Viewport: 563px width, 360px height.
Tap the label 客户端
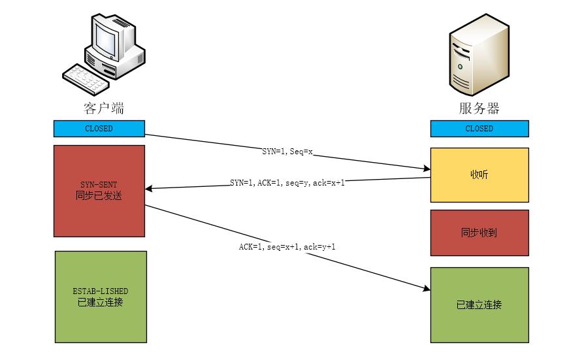click(99, 108)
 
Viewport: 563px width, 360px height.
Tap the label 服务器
click(479, 108)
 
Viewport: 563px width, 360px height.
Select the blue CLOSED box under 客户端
click(99, 129)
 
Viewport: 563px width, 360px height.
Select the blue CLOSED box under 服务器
click(479, 129)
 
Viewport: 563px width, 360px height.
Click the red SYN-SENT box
click(99, 190)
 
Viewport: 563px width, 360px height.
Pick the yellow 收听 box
click(479, 174)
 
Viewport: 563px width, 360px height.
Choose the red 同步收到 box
click(479, 232)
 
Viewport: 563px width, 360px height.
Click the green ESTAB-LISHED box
click(101, 297)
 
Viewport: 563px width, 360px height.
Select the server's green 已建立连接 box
click(479, 305)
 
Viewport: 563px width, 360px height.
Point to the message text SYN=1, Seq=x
click(288, 151)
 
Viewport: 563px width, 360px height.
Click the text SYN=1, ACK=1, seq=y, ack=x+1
click(287, 182)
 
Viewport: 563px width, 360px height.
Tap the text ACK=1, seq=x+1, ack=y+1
click(287, 247)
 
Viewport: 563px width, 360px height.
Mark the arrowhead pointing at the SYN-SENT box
click(149, 189)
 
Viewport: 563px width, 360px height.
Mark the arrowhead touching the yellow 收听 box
click(426, 169)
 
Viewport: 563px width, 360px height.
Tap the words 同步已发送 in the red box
click(99, 195)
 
